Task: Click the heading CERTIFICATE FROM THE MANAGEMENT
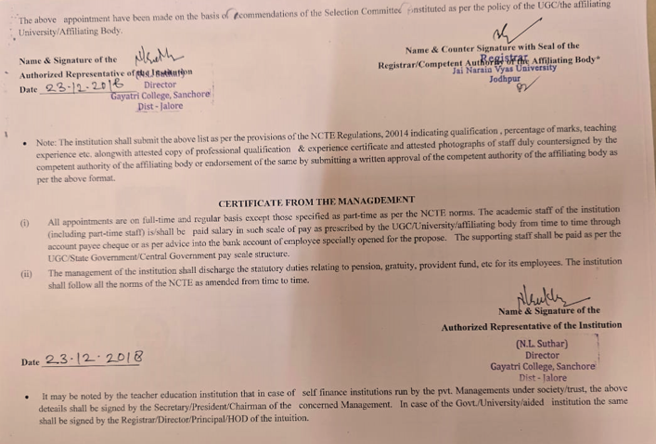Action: [316, 201]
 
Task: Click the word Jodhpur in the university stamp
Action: [505, 79]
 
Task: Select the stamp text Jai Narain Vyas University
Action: [505, 68]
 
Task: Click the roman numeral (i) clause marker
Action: [25, 223]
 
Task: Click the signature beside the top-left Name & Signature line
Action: [154, 59]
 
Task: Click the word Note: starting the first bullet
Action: [47, 142]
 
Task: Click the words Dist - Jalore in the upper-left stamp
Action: [160, 107]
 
